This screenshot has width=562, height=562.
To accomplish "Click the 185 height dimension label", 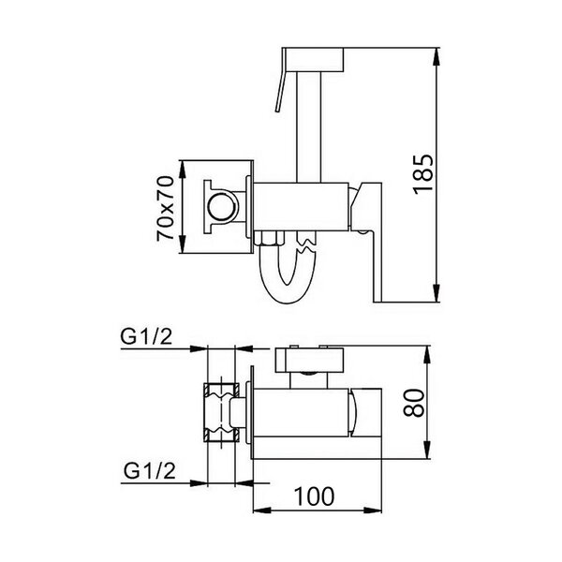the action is pyautogui.click(x=423, y=174).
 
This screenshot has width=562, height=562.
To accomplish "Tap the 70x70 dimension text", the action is pyautogui.click(x=165, y=208).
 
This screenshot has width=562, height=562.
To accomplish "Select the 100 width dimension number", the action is pyautogui.click(x=314, y=496).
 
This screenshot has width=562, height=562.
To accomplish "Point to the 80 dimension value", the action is pyautogui.click(x=414, y=403).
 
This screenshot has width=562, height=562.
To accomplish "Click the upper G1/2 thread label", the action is pyautogui.click(x=146, y=336).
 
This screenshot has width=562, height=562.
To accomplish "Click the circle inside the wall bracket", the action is pyautogui.click(x=222, y=207).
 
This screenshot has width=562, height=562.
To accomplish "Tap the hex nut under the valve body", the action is pyautogui.click(x=269, y=238).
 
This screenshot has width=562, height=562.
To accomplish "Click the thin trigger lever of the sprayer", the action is pyautogui.click(x=280, y=81).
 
